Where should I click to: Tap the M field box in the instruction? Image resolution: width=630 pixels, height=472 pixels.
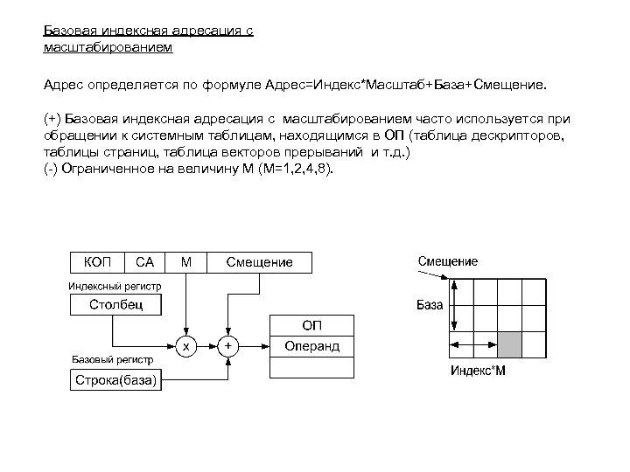(x=185, y=261)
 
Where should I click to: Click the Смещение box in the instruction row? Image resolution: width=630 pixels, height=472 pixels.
(x=259, y=261)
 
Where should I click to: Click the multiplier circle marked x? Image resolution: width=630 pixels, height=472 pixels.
(x=185, y=346)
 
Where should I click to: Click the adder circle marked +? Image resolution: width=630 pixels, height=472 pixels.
(x=228, y=346)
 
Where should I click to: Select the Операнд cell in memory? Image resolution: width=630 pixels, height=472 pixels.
(x=311, y=347)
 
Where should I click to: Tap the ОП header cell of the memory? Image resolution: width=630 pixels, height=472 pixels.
(x=311, y=325)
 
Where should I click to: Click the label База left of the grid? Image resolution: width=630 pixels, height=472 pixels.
(x=429, y=306)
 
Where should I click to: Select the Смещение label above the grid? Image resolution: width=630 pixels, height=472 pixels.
(x=447, y=261)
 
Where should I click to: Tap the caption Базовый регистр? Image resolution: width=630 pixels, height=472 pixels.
(x=111, y=359)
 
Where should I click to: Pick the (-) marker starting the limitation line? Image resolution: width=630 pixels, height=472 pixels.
(x=52, y=168)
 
